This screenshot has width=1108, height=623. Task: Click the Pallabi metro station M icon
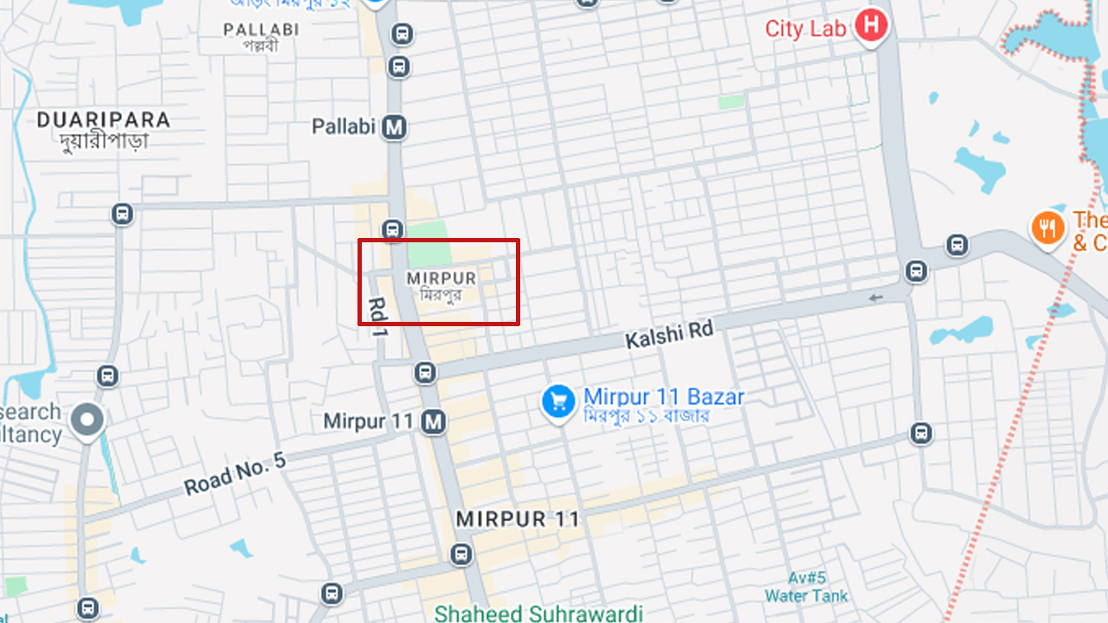point(395,127)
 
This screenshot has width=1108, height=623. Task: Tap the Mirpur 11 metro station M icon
point(433,421)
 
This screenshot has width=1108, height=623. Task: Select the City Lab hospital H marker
point(872,27)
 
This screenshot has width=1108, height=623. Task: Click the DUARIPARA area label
point(103,120)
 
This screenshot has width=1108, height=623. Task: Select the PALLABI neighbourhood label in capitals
point(261,29)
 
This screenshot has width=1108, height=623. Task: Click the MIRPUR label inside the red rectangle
point(441,279)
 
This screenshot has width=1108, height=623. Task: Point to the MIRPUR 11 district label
point(517,519)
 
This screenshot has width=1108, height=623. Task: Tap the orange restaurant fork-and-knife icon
point(1048,228)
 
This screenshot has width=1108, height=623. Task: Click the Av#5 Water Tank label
point(806,587)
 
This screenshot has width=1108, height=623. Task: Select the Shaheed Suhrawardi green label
point(538,613)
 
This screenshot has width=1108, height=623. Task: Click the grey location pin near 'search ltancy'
point(87,421)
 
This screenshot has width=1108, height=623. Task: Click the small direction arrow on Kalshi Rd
point(877,298)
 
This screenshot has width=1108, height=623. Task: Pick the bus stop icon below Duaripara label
point(122,214)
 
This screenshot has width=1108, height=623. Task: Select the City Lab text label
point(805,28)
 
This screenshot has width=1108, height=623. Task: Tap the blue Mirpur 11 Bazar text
point(663,397)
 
